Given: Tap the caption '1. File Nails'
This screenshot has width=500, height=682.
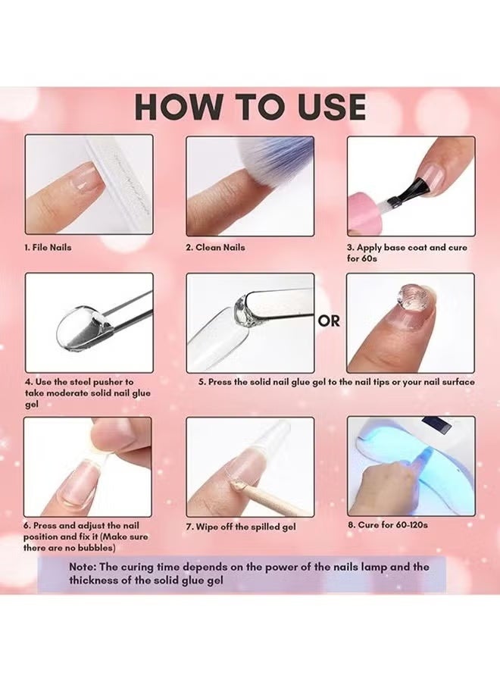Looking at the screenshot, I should point(48,248).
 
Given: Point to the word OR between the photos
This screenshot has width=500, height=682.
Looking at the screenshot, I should point(329,321).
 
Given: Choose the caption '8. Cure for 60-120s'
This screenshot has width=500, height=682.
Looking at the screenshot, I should point(391,524).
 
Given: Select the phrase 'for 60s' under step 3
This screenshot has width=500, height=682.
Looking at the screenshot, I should point(365,258).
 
